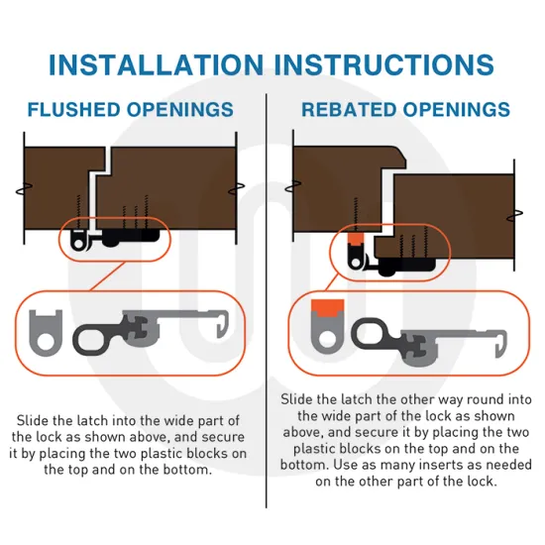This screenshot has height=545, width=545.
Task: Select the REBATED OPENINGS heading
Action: click(x=405, y=110)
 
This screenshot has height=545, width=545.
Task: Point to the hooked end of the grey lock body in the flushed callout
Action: click(x=223, y=323)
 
